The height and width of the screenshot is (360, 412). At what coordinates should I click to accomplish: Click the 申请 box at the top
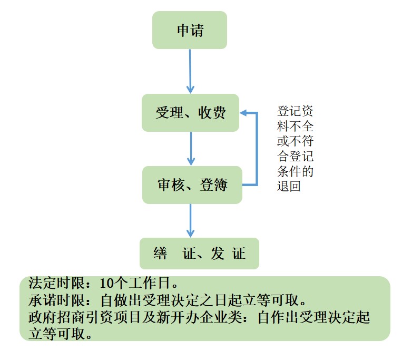[x=190, y=30]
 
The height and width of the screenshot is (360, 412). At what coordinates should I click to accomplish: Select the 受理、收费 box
[x=190, y=113]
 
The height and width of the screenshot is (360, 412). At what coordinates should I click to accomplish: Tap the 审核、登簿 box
[x=192, y=185]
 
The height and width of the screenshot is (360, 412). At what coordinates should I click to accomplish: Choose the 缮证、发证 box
[x=199, y=254]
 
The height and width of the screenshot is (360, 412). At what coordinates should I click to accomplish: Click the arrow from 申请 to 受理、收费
[x=190, y=71]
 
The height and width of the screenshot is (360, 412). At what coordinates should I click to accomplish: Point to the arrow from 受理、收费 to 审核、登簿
[x=191, y=149]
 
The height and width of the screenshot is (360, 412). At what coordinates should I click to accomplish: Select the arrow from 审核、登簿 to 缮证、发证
[x=191, y=220]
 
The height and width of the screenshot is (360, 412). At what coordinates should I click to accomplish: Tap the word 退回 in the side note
[x=289, y=186]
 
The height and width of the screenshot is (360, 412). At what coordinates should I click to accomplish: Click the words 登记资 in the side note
[x=296, y=112]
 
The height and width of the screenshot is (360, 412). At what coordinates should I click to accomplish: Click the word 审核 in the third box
[x=170, y=185]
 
